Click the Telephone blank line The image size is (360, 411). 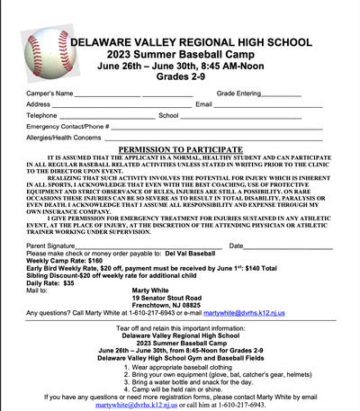[108, 116]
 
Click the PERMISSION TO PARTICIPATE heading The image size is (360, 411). [179, 148]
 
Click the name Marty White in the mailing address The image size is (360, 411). [151, 290]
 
